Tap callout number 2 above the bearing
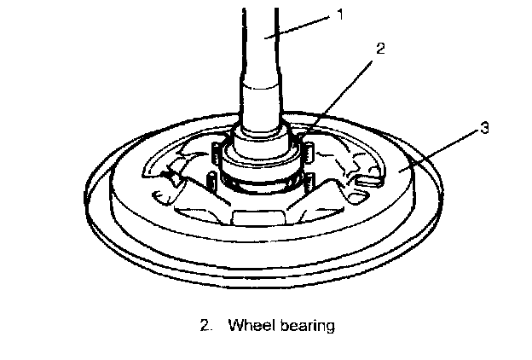coord(380,49)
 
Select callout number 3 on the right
coord(483,129)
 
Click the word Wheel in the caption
coord(251,325)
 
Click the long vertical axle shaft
coord(263,51)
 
